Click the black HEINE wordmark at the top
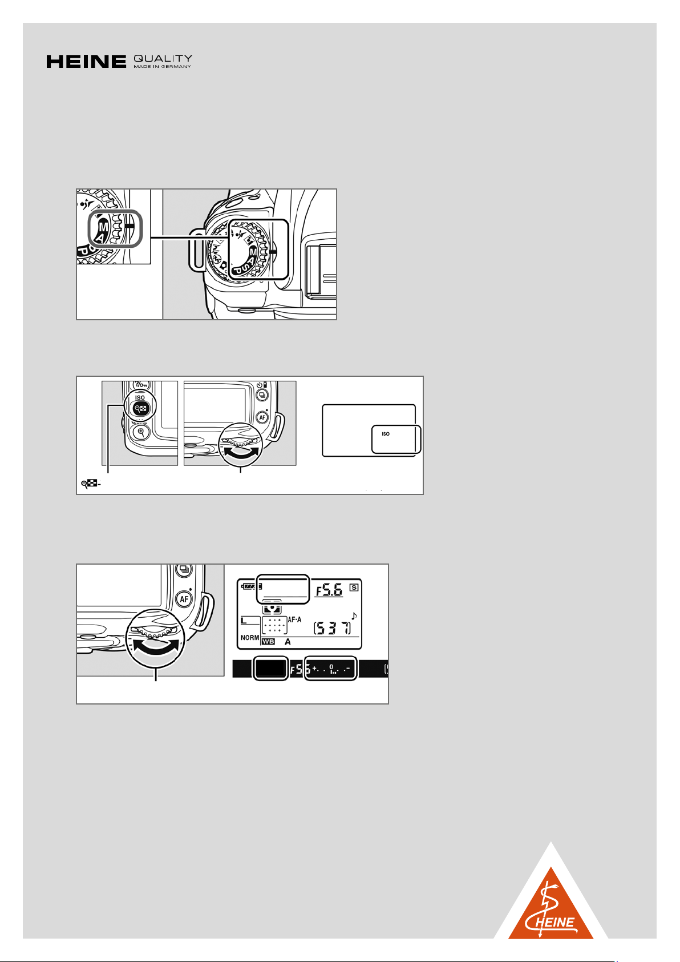(86, 62)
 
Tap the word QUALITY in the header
(163, 58)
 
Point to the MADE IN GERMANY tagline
(162, 67)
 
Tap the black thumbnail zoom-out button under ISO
(140, 409)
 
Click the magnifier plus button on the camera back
(141, 432)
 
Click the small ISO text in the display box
(386, 434)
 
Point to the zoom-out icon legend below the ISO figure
(91, 484)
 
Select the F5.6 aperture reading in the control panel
(330, 590)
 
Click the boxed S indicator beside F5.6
(354, 587)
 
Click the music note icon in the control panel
(354, 616)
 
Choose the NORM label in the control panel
(250, 638)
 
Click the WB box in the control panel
(268, 642)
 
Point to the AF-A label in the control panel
(295, 619)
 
